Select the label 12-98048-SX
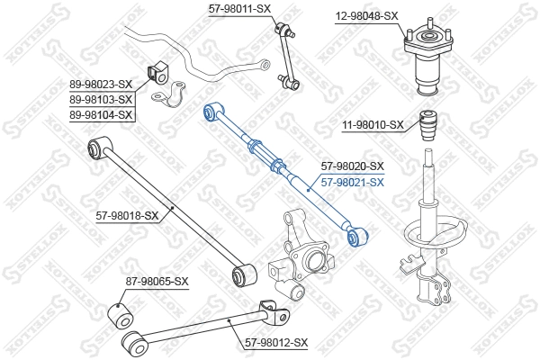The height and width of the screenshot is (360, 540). (x=366, y=15)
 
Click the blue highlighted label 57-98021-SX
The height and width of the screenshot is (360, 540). (x=352, y=181)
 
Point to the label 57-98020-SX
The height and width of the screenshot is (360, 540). (x=352, y=166)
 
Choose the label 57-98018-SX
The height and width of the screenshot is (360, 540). (x=127, y=215)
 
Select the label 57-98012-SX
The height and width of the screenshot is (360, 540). (x=276, y=343)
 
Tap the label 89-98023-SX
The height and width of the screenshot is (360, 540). (x=102, y=85)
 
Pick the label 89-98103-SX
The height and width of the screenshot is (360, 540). (x=102, y=99)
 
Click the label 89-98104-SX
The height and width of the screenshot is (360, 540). (x=102, y=114)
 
